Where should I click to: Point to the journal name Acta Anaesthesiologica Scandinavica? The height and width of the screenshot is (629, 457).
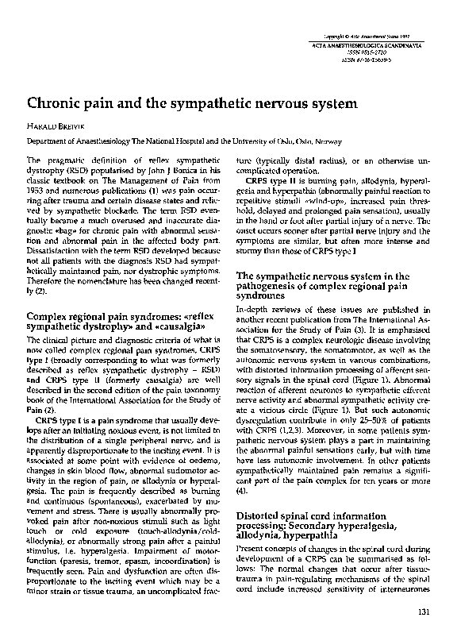point(378,49)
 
